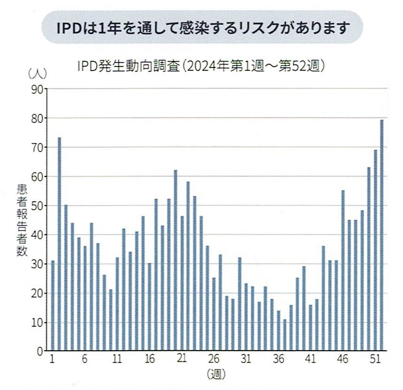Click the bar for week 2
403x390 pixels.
59,243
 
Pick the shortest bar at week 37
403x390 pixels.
285,335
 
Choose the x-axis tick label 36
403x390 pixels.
279,361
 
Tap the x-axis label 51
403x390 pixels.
375,361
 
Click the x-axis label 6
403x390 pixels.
85,361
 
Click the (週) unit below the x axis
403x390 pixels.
216,375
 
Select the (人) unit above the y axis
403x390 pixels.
36,74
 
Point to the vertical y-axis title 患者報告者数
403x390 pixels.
23,220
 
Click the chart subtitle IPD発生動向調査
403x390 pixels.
130,66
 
